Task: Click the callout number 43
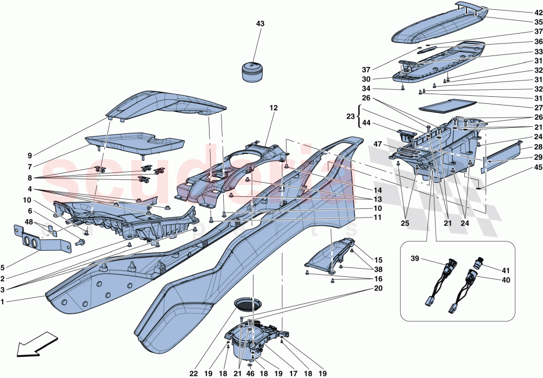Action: [260, 24]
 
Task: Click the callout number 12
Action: [273, 108]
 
